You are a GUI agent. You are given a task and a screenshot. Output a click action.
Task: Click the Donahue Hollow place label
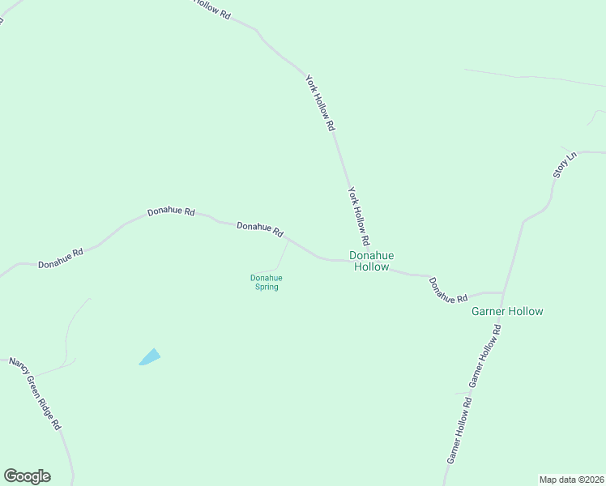pyautogui.click(x=372, y=261)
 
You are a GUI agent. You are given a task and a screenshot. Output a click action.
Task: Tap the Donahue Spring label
pyautogui.click(x=265, y=282)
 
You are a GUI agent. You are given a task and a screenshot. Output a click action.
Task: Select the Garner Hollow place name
pyautogui.click(x=507, y=311)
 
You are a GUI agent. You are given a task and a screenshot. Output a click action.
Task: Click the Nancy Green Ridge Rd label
pyautogui.click(x=35, y=393)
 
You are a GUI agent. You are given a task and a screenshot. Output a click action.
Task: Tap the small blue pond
pyautogui.click(x=150, y=356)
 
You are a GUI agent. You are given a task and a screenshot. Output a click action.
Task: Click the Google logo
pyautogui.click(x=27, y=476)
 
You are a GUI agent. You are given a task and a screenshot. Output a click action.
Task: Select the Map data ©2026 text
pyautogui.click(x=571, y=479)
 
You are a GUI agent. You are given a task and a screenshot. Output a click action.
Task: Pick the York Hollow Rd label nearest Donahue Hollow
pyautogui.click(x=358, y=217)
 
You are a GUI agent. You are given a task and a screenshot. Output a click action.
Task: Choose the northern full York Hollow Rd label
pyautogui.click(x=320, y=103)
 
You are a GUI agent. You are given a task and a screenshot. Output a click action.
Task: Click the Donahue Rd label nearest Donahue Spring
pyautogui.click(x=259, y=229)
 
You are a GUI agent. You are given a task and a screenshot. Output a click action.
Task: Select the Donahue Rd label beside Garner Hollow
pyautogui.click(x=448, y=290)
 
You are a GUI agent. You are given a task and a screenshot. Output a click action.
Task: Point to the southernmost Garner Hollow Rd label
pyautogui.click(x=459, y=430)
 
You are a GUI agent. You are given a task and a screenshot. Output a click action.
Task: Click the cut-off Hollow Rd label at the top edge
pyautogui.click(x=212, y=8)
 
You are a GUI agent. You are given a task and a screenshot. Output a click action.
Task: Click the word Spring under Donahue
pyautogui.click(x=265, y=287)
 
